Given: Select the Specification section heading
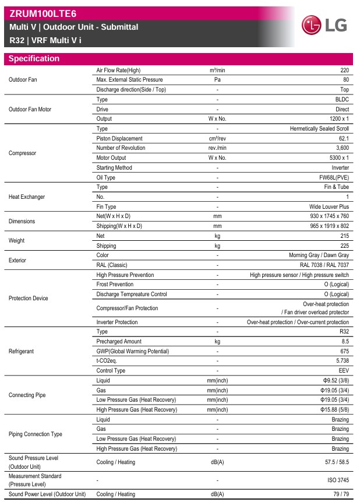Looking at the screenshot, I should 34,58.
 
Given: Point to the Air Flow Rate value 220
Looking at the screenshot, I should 344,70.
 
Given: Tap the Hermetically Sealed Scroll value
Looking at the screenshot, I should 319,129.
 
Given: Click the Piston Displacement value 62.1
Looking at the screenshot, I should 343,139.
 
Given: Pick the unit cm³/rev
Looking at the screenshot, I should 217,139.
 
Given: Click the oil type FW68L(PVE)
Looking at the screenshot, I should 333,178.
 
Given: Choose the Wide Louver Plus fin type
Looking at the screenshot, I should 329,207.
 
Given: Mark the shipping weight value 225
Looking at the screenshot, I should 344,246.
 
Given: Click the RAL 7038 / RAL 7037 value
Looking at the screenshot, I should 324,265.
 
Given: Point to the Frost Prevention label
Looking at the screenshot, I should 115,285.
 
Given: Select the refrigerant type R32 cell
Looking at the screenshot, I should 344,332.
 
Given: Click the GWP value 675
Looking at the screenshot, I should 344,351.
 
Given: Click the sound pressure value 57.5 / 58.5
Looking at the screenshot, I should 336,462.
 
